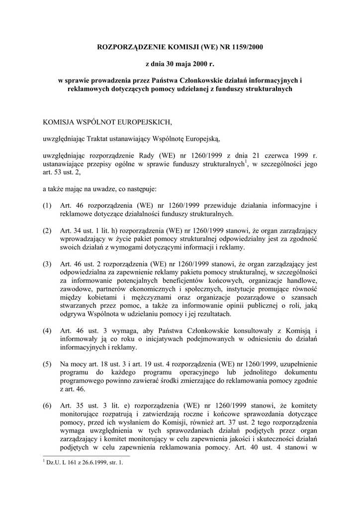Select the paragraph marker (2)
tap(47, 231)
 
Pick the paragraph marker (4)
tap(47, 331)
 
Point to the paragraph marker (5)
tap(47, 364)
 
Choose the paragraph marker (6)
tap(47, 406)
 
